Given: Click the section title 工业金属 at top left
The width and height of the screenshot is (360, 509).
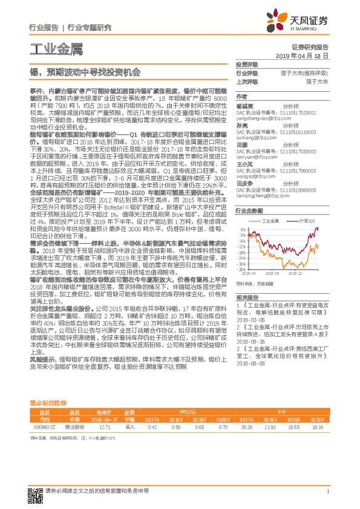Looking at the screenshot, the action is [47, 49].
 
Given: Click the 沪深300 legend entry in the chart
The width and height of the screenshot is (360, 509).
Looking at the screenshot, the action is [312, 222].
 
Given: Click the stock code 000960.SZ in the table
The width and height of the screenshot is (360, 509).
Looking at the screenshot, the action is [42, 426].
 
